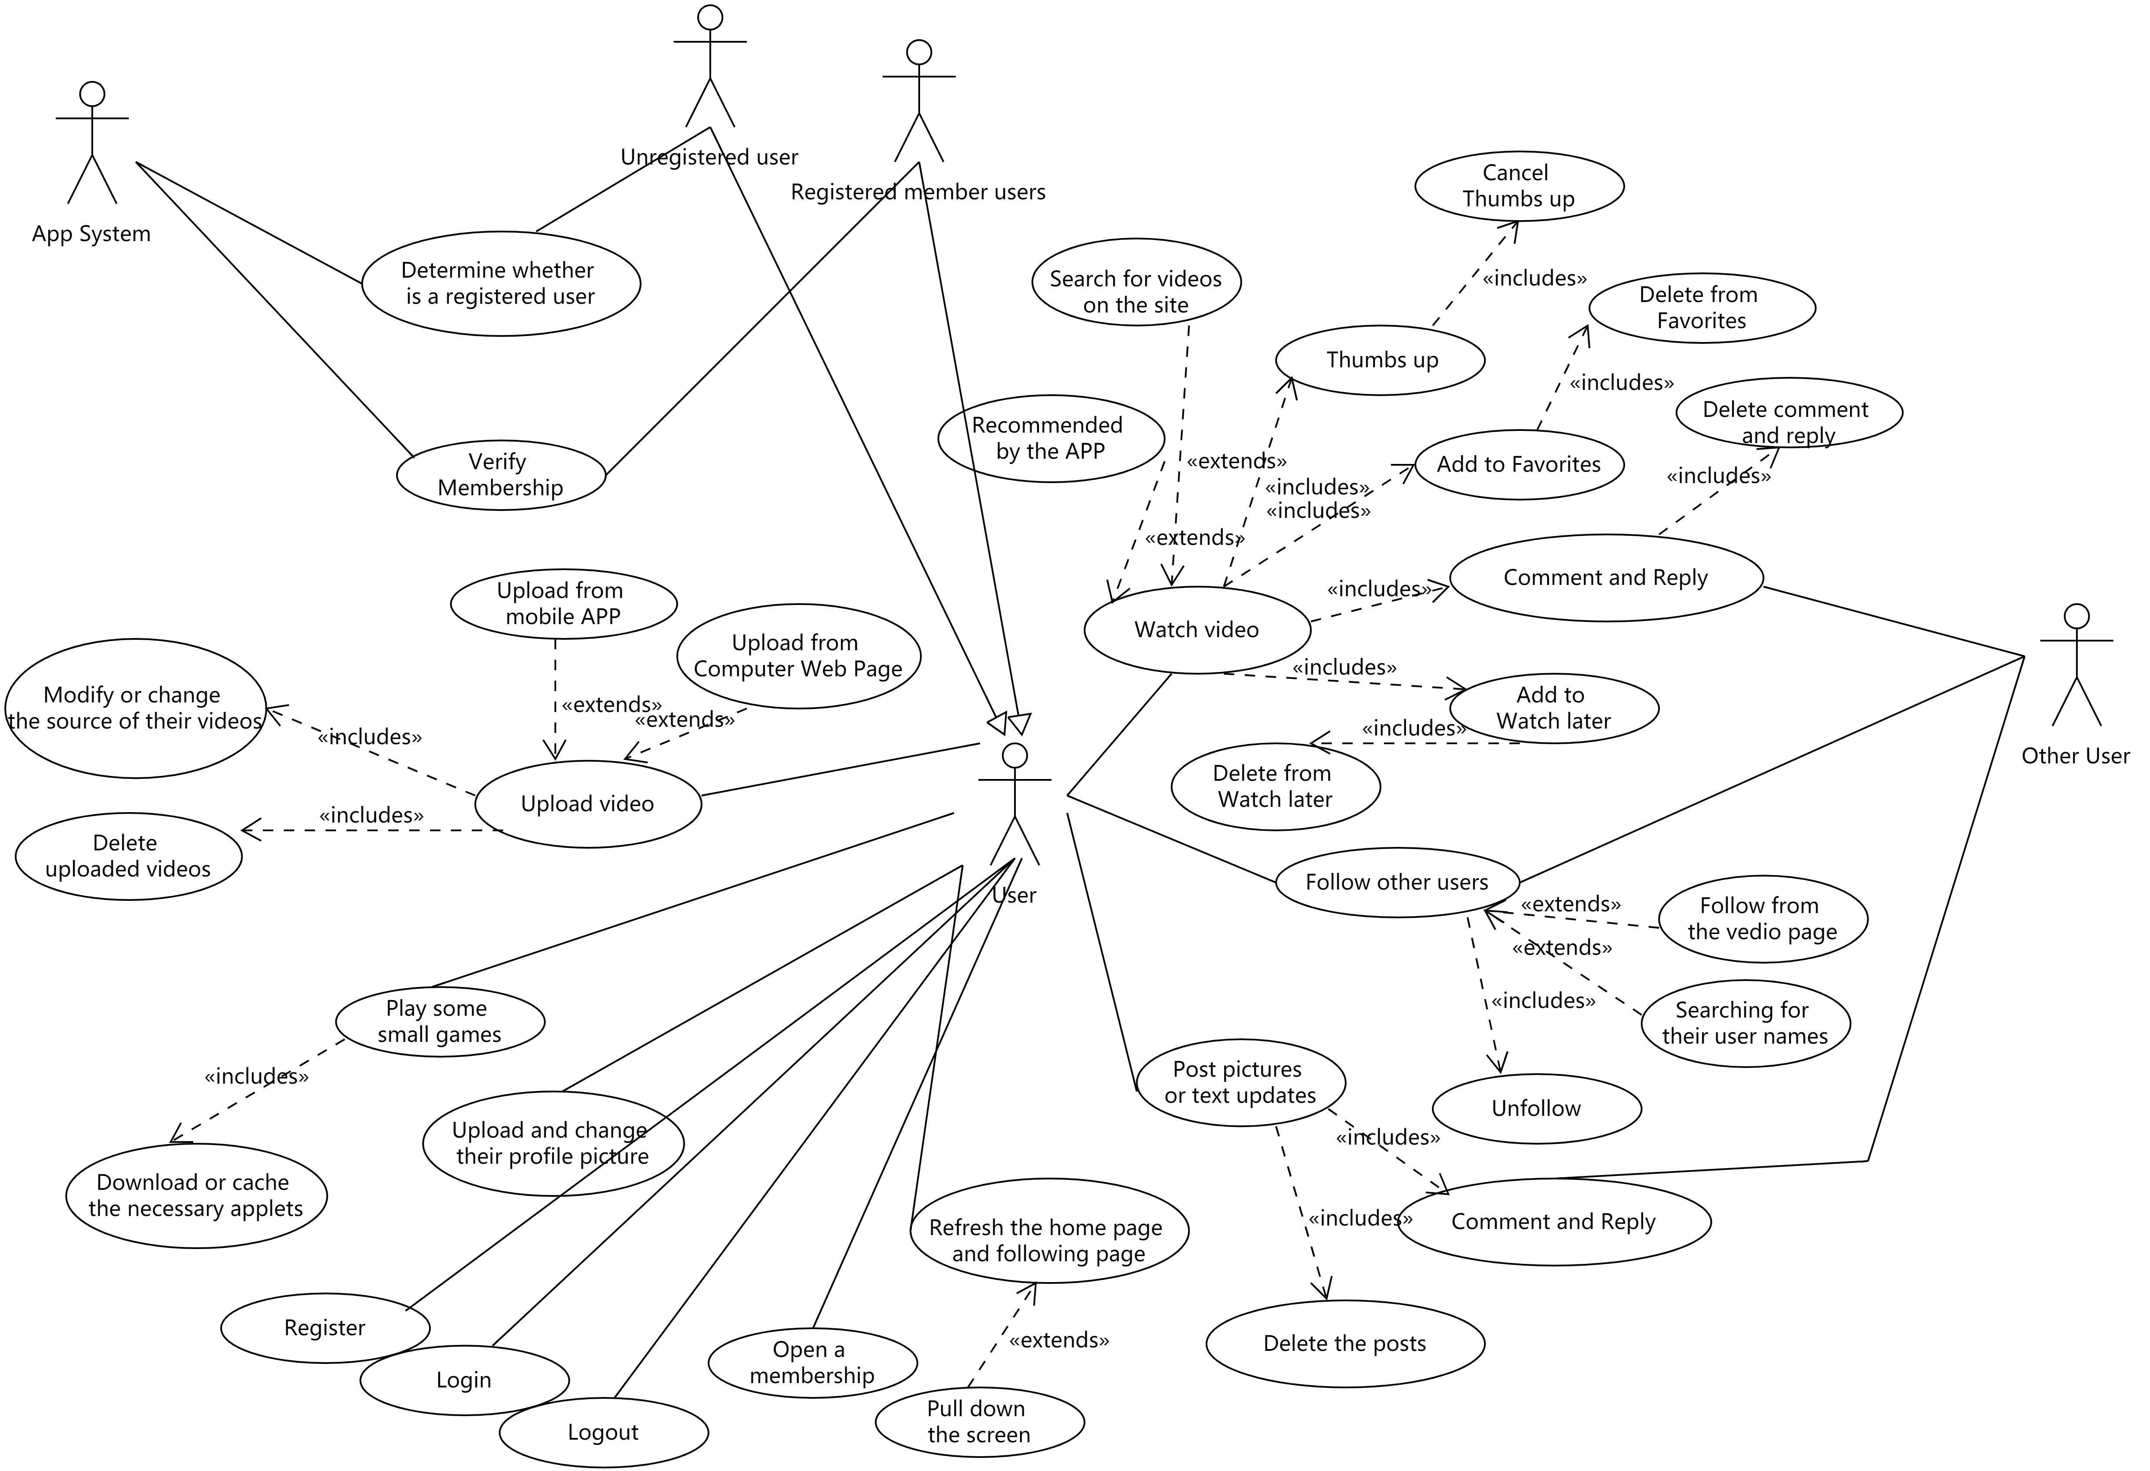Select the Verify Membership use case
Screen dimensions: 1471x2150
(501, 475)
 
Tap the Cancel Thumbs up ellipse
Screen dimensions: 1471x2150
(1519, 186)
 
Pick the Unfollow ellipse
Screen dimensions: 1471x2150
(1536, 1108)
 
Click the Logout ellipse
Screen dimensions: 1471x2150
(603, 1432)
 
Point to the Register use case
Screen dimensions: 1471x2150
(325, 1328)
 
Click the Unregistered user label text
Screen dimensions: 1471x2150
(709, 157)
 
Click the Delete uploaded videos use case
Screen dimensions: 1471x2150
(128, 856)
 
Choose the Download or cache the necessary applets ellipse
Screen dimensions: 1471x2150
(196, 1196)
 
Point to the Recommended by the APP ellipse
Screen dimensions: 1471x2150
(1050, 439)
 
